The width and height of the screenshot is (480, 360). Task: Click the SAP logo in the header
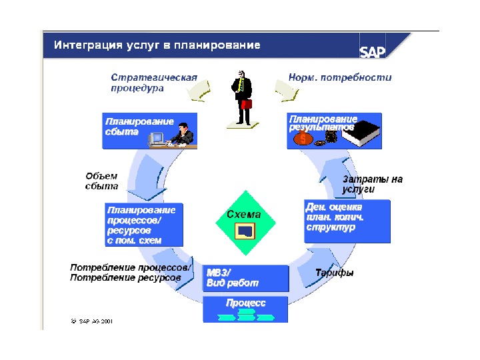372,51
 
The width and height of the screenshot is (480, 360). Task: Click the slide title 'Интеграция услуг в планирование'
157,45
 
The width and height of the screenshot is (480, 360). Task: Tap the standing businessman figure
242,97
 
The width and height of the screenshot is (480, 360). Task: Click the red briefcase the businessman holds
246,103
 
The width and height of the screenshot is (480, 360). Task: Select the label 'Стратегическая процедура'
154,83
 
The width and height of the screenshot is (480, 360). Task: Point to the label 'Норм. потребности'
340,77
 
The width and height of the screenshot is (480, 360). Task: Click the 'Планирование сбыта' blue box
150,131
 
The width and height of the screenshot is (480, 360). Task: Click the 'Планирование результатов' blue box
334,129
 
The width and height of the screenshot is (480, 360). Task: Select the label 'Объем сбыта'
101,181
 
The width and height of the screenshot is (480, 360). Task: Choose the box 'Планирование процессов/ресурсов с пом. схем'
144,224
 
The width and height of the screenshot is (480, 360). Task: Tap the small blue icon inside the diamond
244,231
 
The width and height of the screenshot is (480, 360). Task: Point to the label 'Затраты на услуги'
372,184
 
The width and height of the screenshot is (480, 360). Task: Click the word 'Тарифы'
335,273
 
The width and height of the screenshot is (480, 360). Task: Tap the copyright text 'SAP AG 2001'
93,321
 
